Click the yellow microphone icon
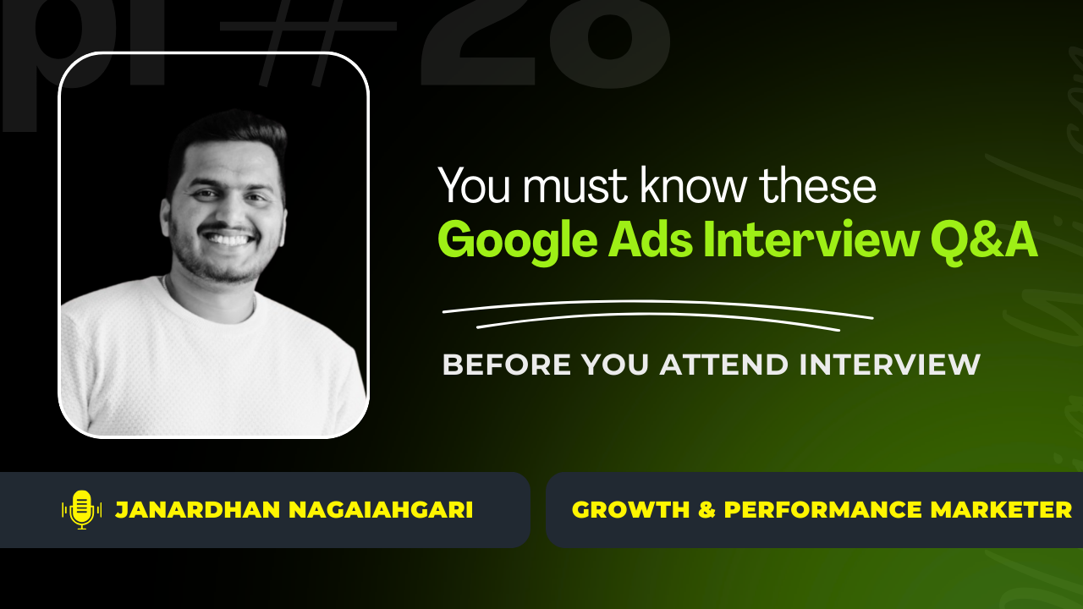tap(81, 509)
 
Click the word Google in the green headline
tap(517, 241)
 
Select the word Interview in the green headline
tap(811, 239)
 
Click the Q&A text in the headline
tap(984, 241)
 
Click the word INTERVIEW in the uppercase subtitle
tap(889, 365)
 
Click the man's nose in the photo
tap(228, 211)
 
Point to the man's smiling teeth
tap(230, 239)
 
